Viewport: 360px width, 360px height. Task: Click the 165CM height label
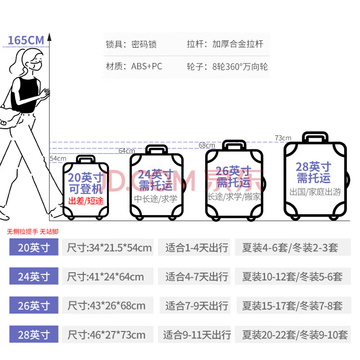click(x=26, y=40)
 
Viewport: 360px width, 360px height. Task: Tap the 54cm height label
click(x=58, y=158)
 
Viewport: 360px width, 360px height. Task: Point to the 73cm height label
click(x=283, y=138)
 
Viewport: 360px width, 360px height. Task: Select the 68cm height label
click(x=207, y=145)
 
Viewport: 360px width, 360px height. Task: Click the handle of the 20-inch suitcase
click(x=85, y=159)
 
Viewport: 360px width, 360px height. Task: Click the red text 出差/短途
click(x=86, y=201)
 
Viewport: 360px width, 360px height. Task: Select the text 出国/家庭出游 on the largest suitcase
click(x=315, y=192)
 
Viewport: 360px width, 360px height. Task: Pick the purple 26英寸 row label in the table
click(x=34, y=306)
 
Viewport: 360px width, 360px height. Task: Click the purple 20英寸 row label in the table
click(x=34, y=247)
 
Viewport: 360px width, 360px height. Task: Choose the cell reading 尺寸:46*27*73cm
click(x=106, y=335)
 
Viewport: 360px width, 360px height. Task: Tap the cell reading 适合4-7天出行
click(x=197, y=277)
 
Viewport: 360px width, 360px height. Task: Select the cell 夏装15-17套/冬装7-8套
click(x=292, y=306)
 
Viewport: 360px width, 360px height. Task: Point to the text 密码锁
click(x=144, y=45)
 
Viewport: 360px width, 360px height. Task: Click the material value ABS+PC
click(x=147, y=67)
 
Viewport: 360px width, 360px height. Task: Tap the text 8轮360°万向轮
click(x=240, y=67)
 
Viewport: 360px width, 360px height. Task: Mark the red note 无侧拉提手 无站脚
click(x=33, y=232)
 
